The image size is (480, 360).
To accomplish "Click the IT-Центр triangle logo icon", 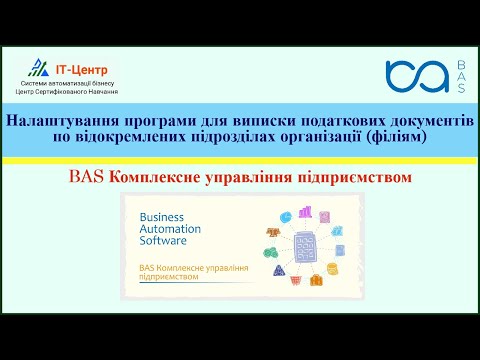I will (x=39, y=67).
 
